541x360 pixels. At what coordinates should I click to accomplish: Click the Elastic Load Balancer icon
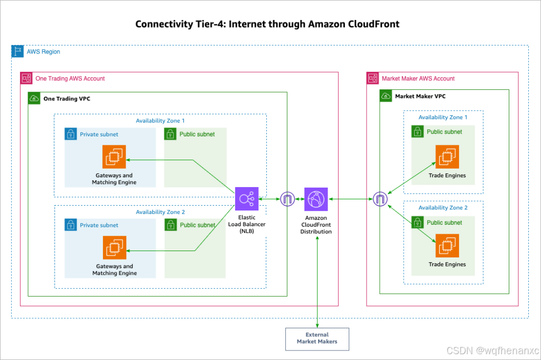point(247,199)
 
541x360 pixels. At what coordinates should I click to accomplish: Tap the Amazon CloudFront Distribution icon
point(316,199)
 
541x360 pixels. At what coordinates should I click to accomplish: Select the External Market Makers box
point(317,338)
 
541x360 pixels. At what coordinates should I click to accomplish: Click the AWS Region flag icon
point(18,51)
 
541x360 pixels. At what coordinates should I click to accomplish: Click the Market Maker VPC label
point(420,96)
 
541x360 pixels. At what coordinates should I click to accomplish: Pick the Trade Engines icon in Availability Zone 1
point(447,156)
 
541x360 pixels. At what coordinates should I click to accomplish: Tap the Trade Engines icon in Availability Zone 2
point(447,245)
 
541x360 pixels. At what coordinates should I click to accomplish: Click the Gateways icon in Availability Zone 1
point(114,156)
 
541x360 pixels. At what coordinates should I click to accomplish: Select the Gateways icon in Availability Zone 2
point(114,247)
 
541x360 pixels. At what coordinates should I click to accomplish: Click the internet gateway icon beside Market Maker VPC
point(380,199)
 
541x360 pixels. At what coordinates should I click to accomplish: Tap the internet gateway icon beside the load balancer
point(287,199)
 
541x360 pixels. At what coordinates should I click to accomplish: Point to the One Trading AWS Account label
point(70,78)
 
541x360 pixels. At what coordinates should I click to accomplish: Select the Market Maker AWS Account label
point(418,78)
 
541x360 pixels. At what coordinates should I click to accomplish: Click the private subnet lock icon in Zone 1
point(71,134)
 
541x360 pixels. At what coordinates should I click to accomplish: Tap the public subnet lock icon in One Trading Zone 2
point(171,225)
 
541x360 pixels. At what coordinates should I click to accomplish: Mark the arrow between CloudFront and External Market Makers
point(317,280)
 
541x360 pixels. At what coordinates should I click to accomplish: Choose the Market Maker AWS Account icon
point(373,78)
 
